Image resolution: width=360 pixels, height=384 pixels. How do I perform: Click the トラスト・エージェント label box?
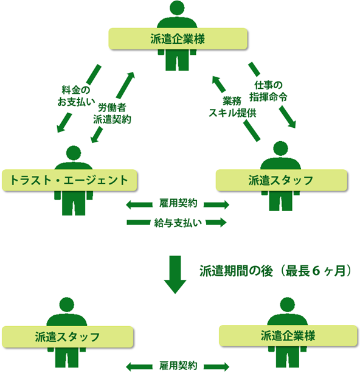coord(69,180)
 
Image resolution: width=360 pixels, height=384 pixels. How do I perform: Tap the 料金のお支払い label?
coord(76,96)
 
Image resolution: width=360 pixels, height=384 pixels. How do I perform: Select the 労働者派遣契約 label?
coord(112,113)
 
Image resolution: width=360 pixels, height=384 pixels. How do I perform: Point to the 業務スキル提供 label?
coord(232,107)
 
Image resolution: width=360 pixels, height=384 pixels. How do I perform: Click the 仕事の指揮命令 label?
coord(268,91)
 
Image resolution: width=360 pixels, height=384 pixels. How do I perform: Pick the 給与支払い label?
coord(178,223)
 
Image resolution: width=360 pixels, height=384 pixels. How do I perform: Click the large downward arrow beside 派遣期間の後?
coord(175,274)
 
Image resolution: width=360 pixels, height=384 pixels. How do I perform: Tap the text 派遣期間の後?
coord(236,271)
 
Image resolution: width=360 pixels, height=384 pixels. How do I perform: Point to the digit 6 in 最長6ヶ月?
coord(316,271)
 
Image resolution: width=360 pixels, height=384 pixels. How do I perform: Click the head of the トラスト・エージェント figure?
coord(74,153)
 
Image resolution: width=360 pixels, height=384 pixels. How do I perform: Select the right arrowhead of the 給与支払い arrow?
coord(223,222)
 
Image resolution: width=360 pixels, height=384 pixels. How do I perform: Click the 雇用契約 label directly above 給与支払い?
coord(178,203)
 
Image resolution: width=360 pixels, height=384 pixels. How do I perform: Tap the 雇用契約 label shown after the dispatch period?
coord(178,366)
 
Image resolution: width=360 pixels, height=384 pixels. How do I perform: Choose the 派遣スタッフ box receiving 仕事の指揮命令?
coord(282,180)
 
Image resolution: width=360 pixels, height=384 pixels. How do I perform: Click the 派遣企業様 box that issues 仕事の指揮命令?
coord(178,39)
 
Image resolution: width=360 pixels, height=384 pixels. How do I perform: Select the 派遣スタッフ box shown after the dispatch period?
coord(67,337)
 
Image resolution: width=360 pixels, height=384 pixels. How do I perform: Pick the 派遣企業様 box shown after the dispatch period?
coord(288,335)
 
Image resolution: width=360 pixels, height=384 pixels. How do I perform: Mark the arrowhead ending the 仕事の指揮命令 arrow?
coord(292,124)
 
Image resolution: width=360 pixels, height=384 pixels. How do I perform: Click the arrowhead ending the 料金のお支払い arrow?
coord(60,128)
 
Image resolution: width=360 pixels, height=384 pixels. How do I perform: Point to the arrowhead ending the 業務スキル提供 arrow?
coord(216,80)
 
